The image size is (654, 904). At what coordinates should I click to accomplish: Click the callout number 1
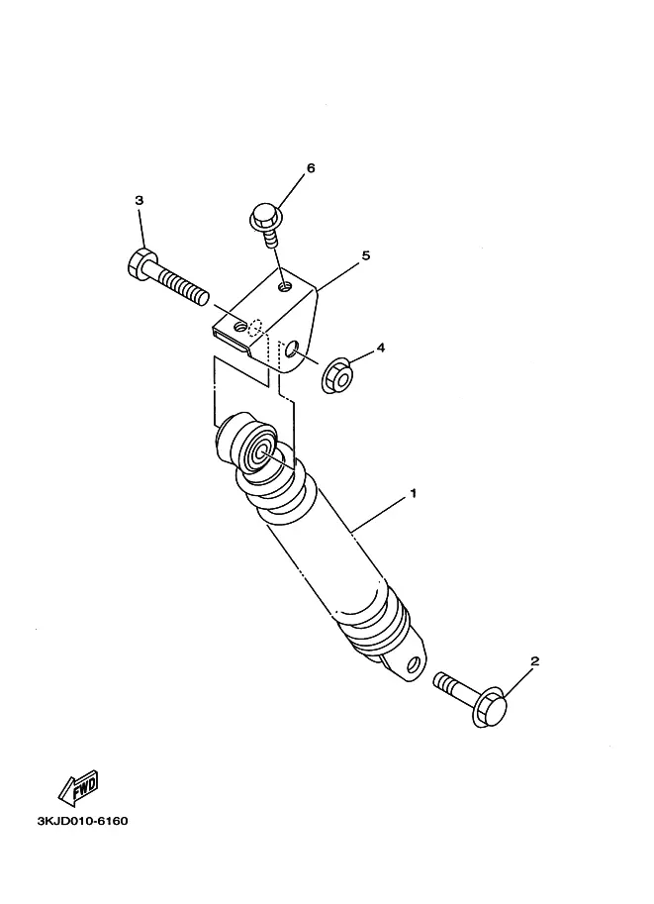point(414,492)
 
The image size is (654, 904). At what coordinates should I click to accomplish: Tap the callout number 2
point(534,660)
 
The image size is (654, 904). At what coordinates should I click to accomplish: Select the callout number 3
point(139,201)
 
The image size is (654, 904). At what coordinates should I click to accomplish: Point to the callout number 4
point(380,349)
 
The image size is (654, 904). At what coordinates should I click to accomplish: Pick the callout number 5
point(365,255)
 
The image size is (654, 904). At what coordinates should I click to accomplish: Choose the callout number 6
point(311,168)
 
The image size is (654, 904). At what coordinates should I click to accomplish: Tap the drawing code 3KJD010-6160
point(83,821)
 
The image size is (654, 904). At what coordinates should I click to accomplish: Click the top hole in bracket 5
point(286,285)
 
